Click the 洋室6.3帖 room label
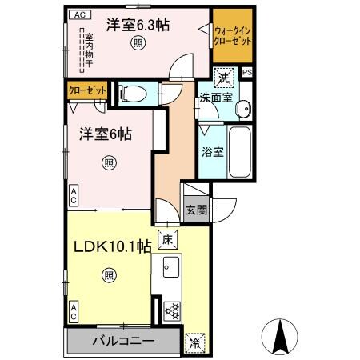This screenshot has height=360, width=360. pyautogui.click(x=139, y=24)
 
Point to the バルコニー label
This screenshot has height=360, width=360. pyautogui.click(x=123, y=342)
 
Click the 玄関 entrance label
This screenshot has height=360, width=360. pyautogui.click(x=197, y=210)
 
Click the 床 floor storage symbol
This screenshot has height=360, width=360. pyautogui.click(x=167, y=238)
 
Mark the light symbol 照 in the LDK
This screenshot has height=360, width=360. pyautogui.click(x=108, y=277)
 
